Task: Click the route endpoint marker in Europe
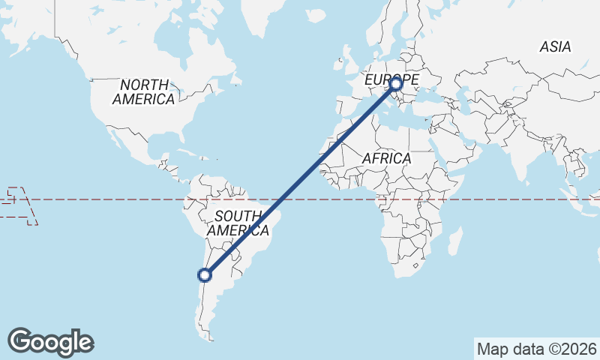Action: [396, 84]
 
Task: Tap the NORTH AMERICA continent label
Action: [144, 91]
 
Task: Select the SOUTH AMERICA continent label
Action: [237, 223]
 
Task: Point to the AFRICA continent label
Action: [386, 159]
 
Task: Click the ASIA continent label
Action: [555, 46]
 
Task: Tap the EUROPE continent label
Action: [391, 78]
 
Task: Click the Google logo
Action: [51, 342]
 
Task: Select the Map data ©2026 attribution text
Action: [536, 349]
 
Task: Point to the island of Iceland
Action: [317, 16]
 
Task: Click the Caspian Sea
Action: [463, 101]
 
